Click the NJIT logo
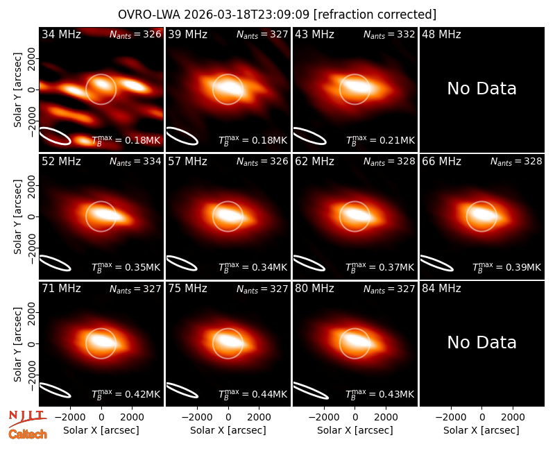point(27,418)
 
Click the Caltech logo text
point(28,434)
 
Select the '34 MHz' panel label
point(61,34)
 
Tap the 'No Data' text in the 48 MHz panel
point(481,89)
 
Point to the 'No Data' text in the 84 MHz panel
point(481,342)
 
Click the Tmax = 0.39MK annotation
point(507,267)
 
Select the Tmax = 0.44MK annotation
point(253,394)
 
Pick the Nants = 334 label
point(135,162)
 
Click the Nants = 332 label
point(389,34)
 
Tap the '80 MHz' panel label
point(315,289)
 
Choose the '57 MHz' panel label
point(187,162)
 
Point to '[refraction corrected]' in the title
point(375,15)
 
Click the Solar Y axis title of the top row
point(17,90)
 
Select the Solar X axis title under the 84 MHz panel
point(481,430)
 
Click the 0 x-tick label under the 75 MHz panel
point(228,417)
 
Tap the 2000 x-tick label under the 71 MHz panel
point(132,417)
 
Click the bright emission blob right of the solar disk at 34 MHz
point(134,85)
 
